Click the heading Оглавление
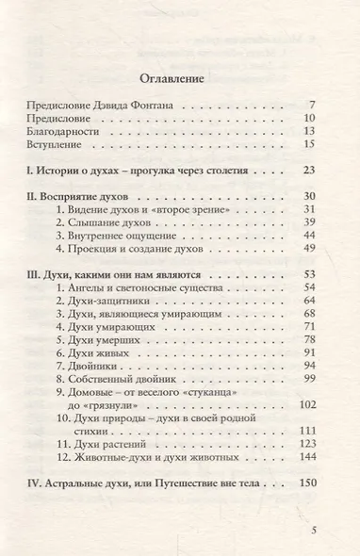point(180,77)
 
